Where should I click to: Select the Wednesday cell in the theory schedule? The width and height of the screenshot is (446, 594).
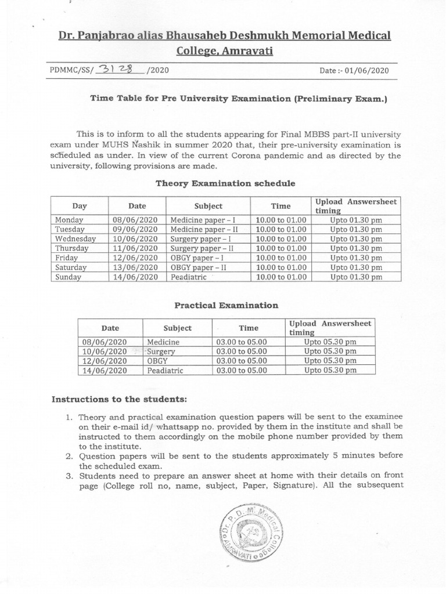point(75,239)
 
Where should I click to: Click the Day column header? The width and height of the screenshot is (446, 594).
point(80,206)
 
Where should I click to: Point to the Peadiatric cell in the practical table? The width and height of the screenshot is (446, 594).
point(165,370)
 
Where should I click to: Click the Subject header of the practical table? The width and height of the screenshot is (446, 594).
point(177,328)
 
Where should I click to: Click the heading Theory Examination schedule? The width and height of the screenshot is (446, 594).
point(225,183)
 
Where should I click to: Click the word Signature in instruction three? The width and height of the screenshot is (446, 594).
point(296,486)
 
